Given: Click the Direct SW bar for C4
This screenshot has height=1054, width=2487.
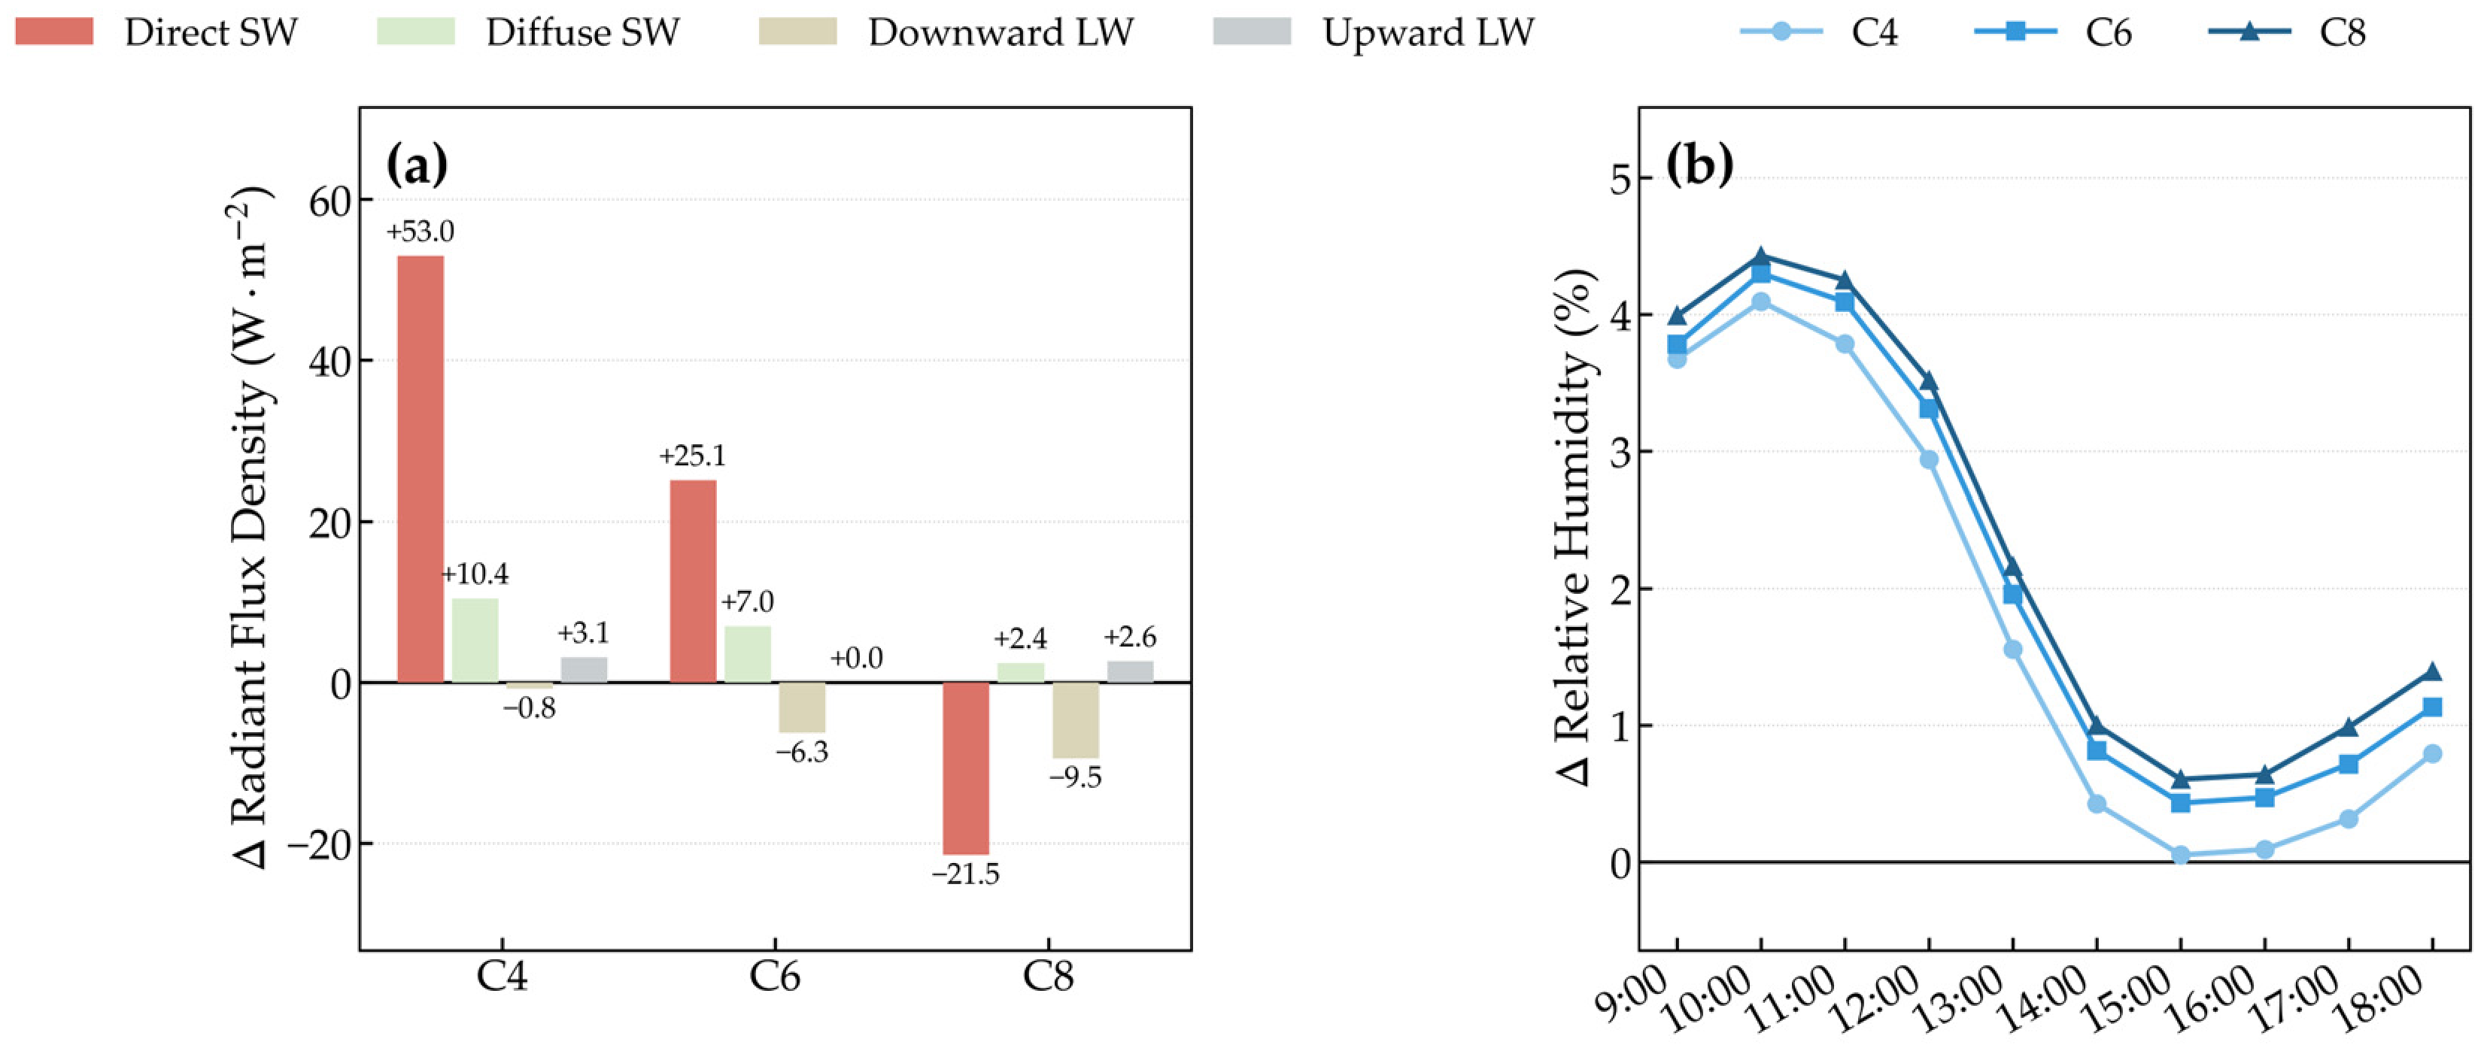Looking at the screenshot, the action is pos(421,469).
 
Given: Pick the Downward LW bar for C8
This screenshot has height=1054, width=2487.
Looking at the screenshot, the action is pos(1076,720).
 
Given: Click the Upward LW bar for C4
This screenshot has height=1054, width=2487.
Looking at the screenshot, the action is pos(584,670).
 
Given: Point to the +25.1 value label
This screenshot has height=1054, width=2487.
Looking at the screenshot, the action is pos(692,456).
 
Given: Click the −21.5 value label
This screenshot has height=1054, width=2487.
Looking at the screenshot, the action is pos(965,874).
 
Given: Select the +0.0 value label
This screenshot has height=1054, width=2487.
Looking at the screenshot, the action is pos(856,659).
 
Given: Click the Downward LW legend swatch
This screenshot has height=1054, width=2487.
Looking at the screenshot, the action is pos(797,32).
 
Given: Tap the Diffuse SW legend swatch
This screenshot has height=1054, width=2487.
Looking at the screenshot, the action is pos(415,32).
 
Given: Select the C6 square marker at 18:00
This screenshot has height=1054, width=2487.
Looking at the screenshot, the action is pos(2432,707).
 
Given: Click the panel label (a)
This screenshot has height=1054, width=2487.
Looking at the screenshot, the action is pos(417,166).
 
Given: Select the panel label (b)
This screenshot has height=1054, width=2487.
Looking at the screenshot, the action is pos(1700,165).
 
